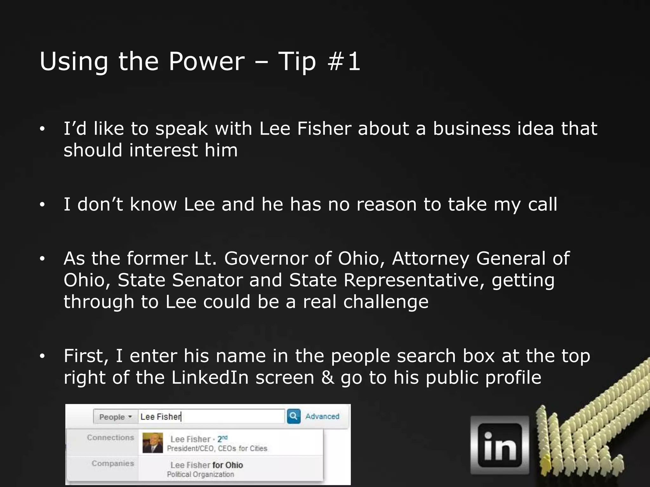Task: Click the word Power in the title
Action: point(206,61)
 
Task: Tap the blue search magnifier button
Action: point(294,416)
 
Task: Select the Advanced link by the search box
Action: point(322,416)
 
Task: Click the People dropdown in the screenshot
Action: point(115,417)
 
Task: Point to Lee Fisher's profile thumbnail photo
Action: point(153,443)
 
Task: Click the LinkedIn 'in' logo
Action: point(500,445)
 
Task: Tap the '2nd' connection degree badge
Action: point(222,438)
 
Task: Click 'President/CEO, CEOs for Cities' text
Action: point(217,448)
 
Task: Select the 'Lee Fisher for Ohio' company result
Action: point(207,465)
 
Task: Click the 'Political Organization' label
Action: point(200,474)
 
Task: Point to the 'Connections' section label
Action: point(110,438)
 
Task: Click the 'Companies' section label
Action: point(113,463)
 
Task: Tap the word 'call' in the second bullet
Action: point(542,204)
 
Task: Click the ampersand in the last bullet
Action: point(328,378)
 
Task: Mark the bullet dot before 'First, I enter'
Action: point(43,356)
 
